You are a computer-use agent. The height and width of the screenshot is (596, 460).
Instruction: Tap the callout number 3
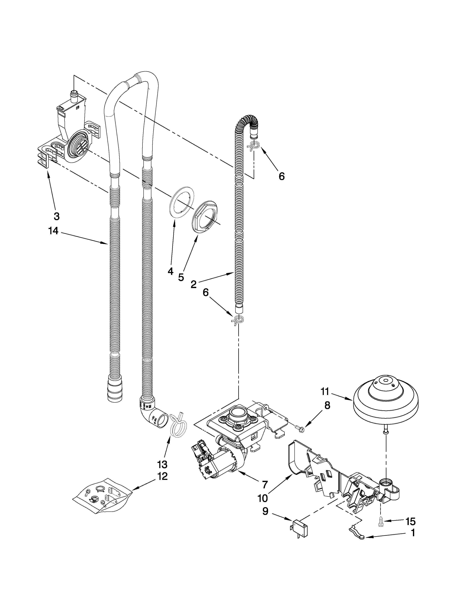pyautogui.click(x=56, y=216)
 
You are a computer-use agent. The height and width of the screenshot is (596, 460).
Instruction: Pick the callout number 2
pyautogui.click(x=194, y=285)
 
